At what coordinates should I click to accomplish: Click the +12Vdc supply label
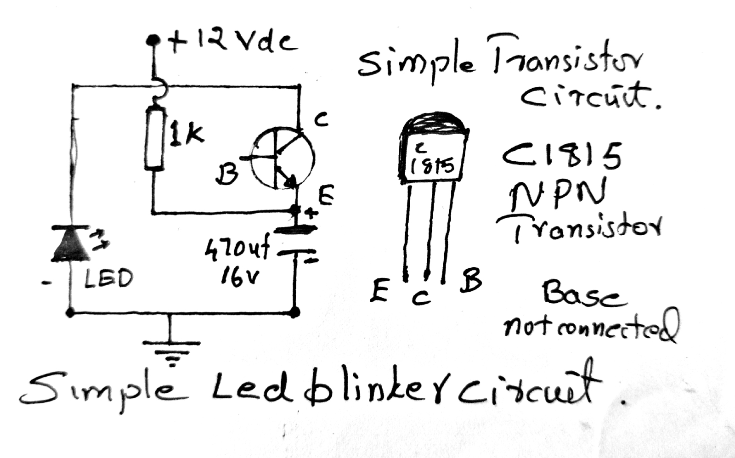pyautogui.click(x=232, y=43)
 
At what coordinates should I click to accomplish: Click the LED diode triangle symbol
pyautogui.click(x=70, y=243)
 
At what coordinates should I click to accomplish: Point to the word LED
pyautogui.click(x=108, y=278)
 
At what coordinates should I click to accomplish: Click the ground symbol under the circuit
pyautogui.click(x=171, y=351)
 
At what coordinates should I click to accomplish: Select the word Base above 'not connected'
pyautogui.click(x=583, y=294)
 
